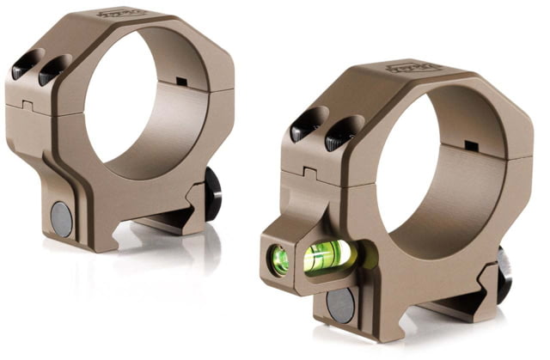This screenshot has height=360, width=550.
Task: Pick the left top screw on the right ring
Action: [x=302, y=129]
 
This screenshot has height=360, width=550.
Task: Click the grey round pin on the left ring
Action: [x=62, y=218]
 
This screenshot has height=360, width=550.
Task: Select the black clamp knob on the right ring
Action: [x=503, y=272]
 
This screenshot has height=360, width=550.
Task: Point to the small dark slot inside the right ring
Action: [x=470, y=144]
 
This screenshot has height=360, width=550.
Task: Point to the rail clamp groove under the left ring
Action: [x=163, y=225]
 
